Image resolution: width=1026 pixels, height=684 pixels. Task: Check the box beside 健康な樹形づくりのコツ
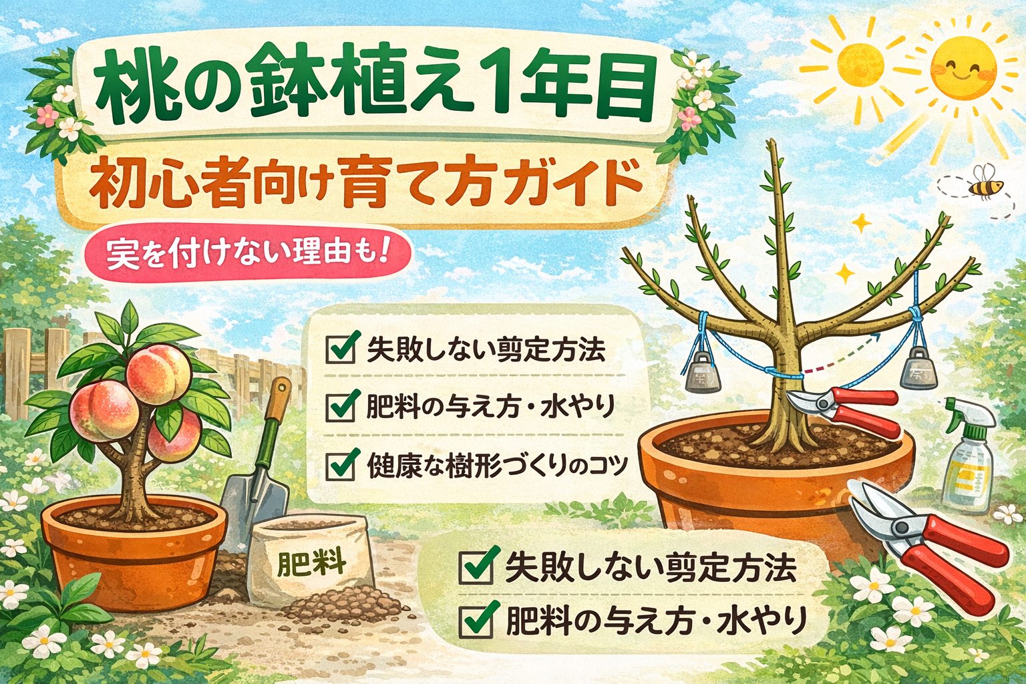click(x=340, y=466)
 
